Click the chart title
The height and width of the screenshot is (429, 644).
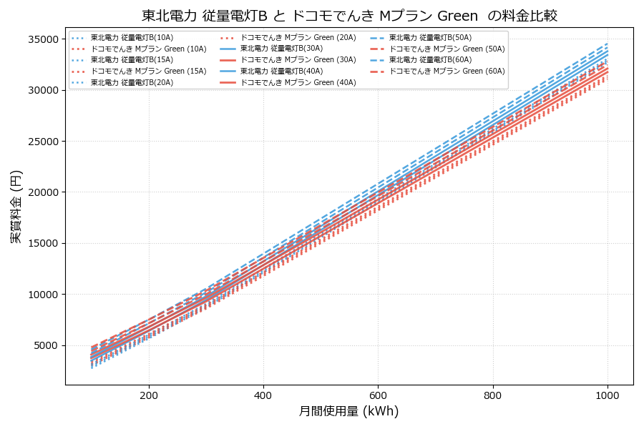(349, 16)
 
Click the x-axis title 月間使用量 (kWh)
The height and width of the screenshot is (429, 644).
(348, 411)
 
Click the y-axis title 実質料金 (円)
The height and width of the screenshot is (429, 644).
(16, 207)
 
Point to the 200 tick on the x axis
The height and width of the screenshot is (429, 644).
(149, 395)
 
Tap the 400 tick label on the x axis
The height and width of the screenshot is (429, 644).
(263, 395)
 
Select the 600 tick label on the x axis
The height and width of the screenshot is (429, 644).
(378, 395)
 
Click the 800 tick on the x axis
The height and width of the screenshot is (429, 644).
(493, 395)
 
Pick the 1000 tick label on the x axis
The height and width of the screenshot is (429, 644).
(608, 395)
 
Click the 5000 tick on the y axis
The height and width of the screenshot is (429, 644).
(43, 345)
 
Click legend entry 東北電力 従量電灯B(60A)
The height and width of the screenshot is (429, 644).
(430, 60)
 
